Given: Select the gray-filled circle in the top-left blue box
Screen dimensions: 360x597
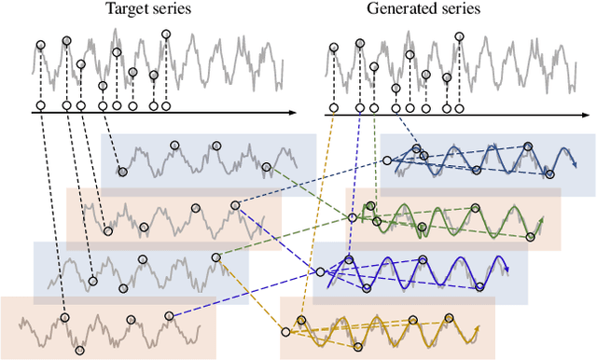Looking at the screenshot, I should point(122,172).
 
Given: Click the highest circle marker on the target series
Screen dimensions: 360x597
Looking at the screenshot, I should point(166,35).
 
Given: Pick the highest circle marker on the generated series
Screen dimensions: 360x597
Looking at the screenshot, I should point(458,36).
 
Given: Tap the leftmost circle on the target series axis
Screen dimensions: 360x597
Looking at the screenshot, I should point(40,105).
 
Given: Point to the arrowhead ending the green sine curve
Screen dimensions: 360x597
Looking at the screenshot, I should point(542,235).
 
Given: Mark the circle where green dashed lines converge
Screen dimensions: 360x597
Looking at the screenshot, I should point(354,217).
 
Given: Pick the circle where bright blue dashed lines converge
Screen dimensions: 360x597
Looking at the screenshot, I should point(321,271).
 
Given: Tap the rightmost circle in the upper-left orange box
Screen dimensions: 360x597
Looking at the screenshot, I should point(236,204).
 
